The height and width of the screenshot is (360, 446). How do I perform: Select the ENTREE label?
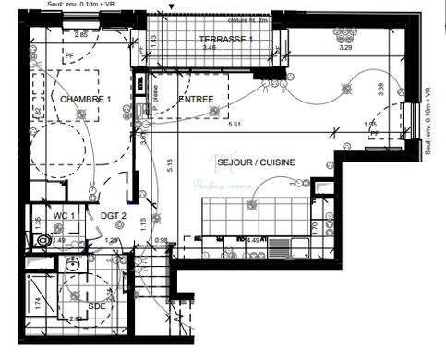tap(197, 99)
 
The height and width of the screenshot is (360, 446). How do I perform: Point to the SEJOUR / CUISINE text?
tap(256, 162)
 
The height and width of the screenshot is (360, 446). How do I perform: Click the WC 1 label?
tap(64, 215)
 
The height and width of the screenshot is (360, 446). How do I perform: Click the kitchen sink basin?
tap(279, 248)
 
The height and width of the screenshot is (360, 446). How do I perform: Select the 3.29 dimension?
tap(346, 46)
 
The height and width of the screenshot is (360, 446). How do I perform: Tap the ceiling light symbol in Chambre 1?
tap(81, 115)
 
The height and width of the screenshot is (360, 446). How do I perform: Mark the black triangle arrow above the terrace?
tap(171, 5)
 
